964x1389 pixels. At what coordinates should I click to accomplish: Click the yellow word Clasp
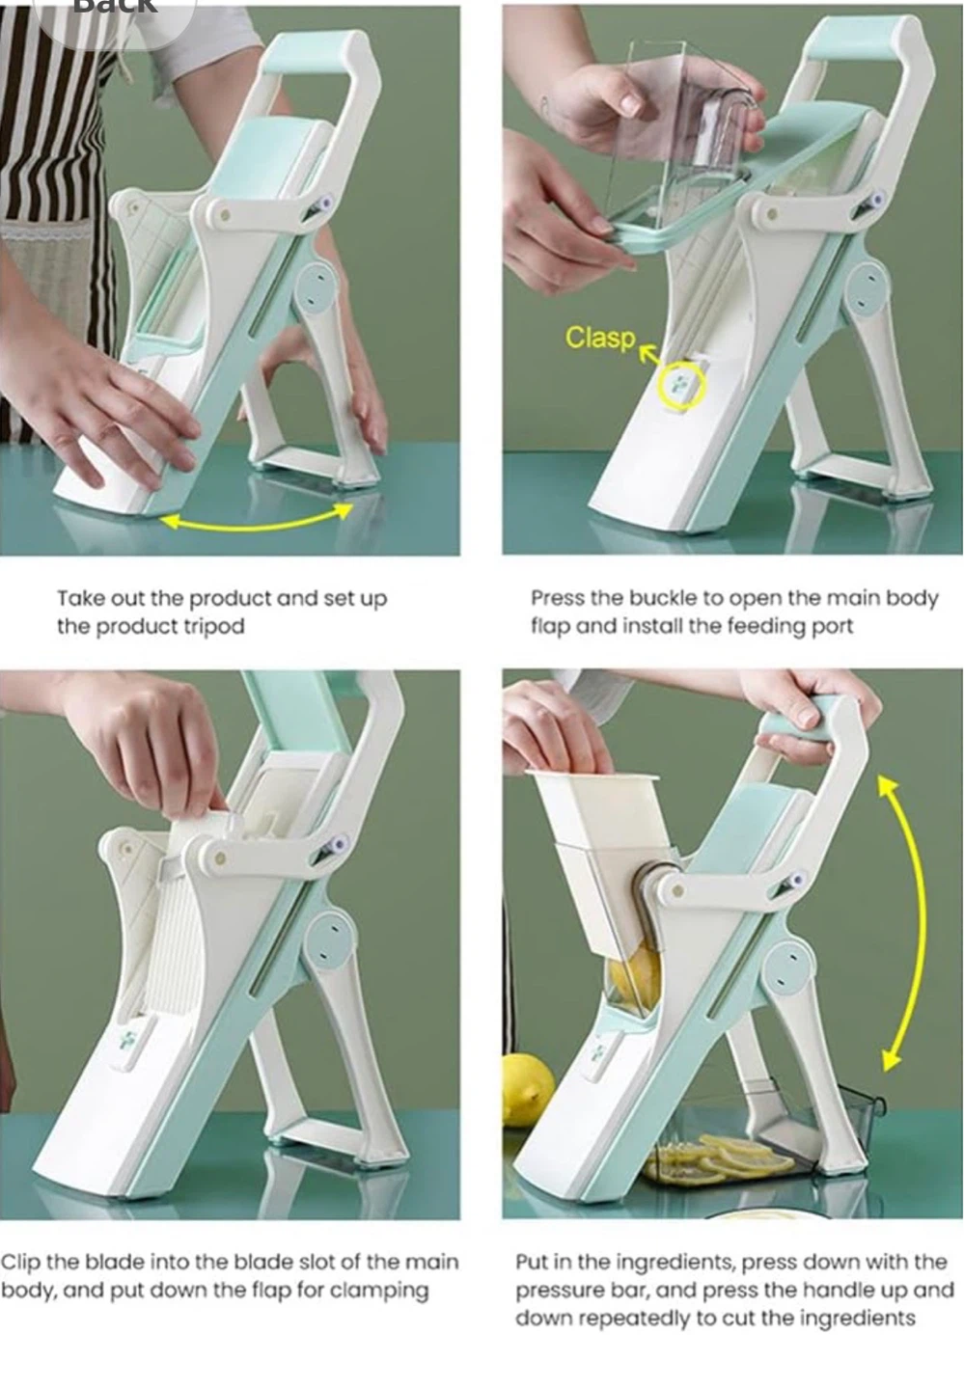(600, 338)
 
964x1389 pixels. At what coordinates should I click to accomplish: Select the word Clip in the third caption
(20, 1262)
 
